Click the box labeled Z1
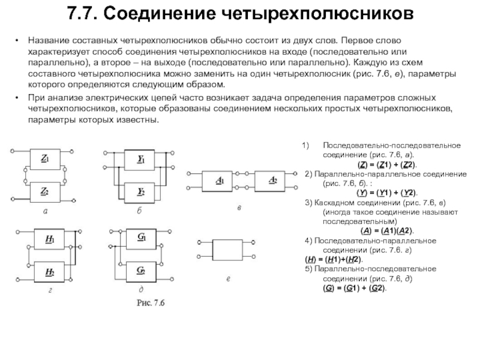pyautogui.click(x=45, y=159)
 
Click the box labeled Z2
pyautogui.click(x=45, y=192)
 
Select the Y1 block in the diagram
pyautogui.click(x=140, y=160)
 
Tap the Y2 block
pyautogui.click(x=140, y=193)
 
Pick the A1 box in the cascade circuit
pyautogui.click(x=217, y=181)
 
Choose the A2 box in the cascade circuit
pyautogui.click(x=269, y=181)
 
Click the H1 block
pyautogui.click(x=49, y=239)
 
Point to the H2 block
pyautogui.click(x=49, y=272)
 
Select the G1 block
pyautogui.click(x=141, y=239)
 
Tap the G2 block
pyautogui.click(x=141, y=272)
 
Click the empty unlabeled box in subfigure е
pyautogui.click(x=227, y=250)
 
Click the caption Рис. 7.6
pyautogui.click(x=151, y=303)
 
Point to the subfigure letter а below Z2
pyautogui.click(x=46, y=211)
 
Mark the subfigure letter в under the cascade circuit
pyautogui.click(x=239, y=208)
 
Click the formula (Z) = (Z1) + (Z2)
pyautogui.click(x=387, y=164)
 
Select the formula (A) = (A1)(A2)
pyautogui.click(x=387, y=231)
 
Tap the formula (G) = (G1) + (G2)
pyautogui.click(x=355, y=288)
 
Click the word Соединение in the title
pyautogui.click(x=159, y=13)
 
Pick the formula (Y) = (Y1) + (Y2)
pyautogui.click(x=387, y=193)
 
